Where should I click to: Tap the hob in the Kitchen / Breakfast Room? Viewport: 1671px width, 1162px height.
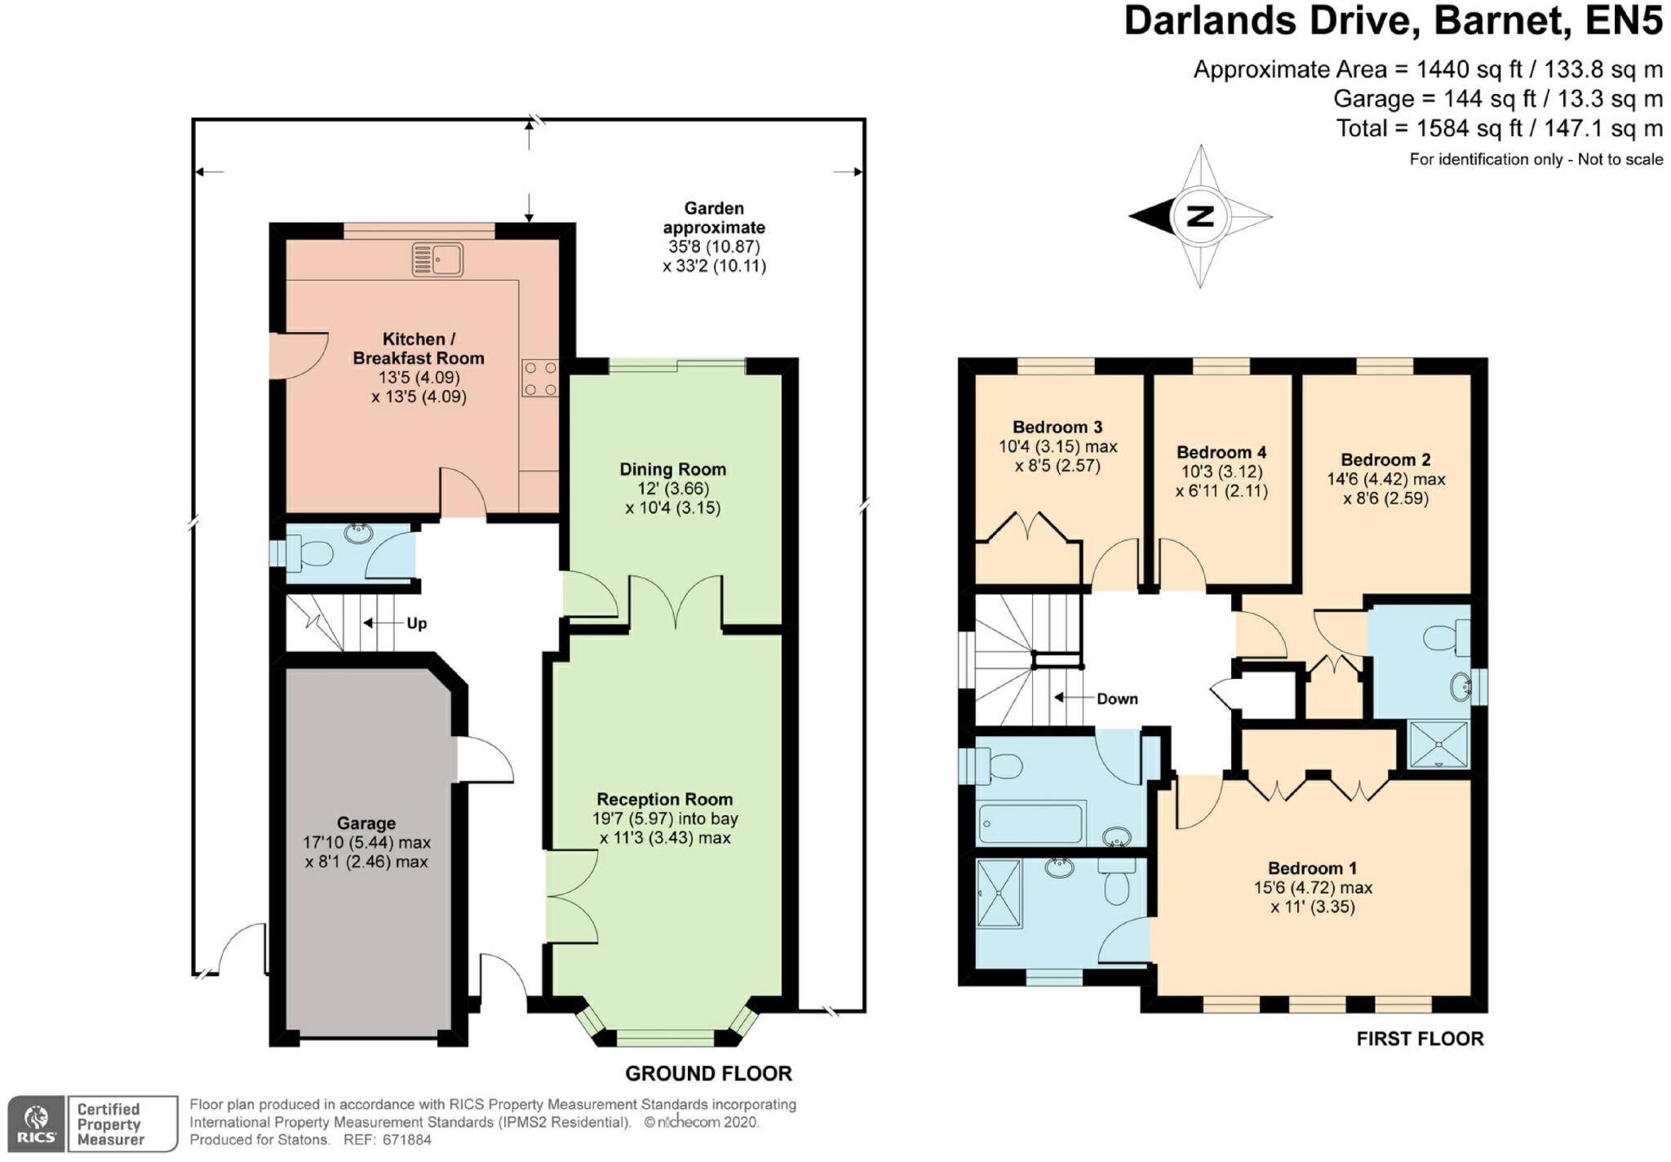click(x=540, y=379)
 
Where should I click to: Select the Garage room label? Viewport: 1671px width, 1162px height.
click(x=366, y=823)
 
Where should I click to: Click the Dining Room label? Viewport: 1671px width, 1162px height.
click(x=672, y=469)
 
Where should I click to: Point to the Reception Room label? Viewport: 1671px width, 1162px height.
click(x=665, y=800)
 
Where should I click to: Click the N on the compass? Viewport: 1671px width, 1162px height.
click(x=1200, y=216)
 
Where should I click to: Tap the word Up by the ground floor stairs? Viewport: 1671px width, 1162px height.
click(x=417, y=623)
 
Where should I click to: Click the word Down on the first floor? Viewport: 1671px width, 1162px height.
click(x=1117, y=699)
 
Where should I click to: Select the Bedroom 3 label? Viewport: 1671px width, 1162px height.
click(x=1057, y=427)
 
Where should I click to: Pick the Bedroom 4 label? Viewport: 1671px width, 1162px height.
click(x=1221, y=452)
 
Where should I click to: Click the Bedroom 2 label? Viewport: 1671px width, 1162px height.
click(x=1385, y=459)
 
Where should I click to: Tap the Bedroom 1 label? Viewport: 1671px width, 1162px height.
click(x=1312, y=868)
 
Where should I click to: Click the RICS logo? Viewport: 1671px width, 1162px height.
click(x=36, y=1124)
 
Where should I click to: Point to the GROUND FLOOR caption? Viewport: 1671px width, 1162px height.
click(x=708, y=1073)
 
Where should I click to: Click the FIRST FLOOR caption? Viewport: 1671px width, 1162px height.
click(x=1420, y=1038)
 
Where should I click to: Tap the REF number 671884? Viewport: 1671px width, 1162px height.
click(x=406, y=1140)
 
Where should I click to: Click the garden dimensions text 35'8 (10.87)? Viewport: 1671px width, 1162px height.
click(x=714, y=246)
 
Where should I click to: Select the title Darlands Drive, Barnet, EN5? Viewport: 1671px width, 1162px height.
click(x=1394, y=20)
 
